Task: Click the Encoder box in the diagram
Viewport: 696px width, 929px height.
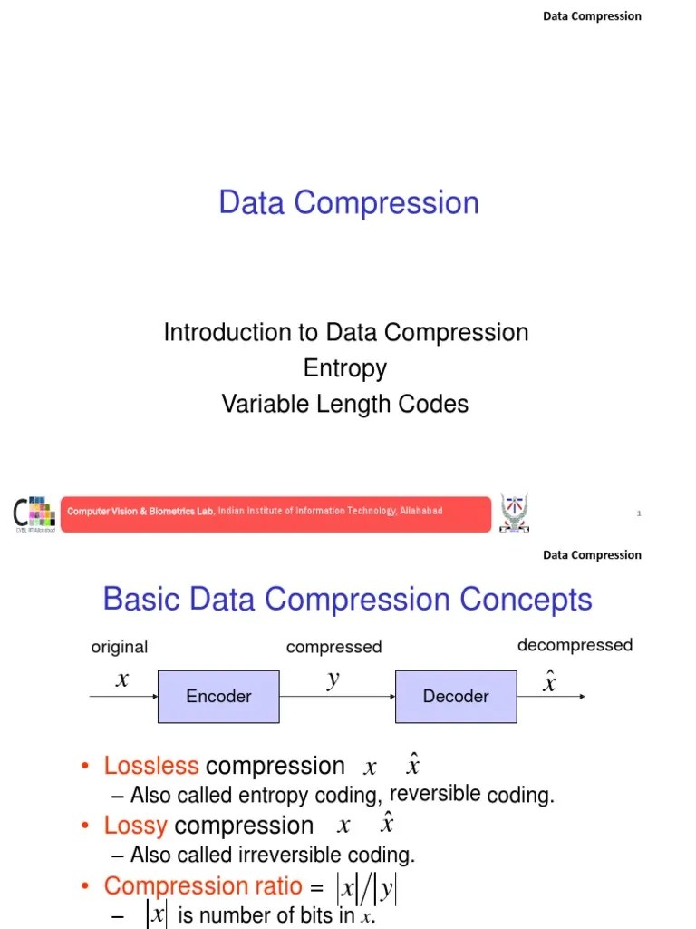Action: pyautogui.click(x=218, y=696)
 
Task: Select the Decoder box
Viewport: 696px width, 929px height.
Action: pyautogui.click(x=456, y=696)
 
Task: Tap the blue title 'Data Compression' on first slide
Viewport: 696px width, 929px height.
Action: pyautogui.click(x=349, y=202)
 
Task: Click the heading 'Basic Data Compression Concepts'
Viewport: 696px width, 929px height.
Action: pyautogui.click(x=347, y=600)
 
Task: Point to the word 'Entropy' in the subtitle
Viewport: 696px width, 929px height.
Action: pyautogui.click(x=345, y=368)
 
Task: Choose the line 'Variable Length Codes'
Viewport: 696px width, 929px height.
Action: pyautogui.click(x=345, y=404)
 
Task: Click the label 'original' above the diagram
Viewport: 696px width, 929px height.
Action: pyautogui.click(x=120, y=647)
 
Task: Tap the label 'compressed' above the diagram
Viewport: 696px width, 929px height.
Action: pyautogui.click(x=333, y=647)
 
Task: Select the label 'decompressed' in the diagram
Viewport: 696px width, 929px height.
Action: pyautogui.click(x=575, y=645)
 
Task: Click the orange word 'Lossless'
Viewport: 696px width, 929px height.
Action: pyautogui.click(x=151, y=766)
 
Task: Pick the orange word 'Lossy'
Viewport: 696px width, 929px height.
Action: pyautogui.click(x=136, y=826)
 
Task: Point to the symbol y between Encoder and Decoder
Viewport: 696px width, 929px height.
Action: pyautogui.click(x=333, y=680)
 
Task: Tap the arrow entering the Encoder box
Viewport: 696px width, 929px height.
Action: pyautogui.click(x=123, y=697)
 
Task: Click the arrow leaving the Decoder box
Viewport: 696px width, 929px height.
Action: pyautogui.click(x=552, y=697)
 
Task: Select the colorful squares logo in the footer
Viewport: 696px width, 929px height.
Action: pyautogui.click(x=35, y=513)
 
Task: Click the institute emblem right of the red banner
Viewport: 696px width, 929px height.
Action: pyautogui.click(x=514, y=513)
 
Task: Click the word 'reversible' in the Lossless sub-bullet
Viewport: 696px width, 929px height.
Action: pyautogui.click(x=435, y=794)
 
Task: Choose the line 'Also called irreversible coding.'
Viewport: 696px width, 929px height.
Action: pyautogui.click(x=273, y=855)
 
